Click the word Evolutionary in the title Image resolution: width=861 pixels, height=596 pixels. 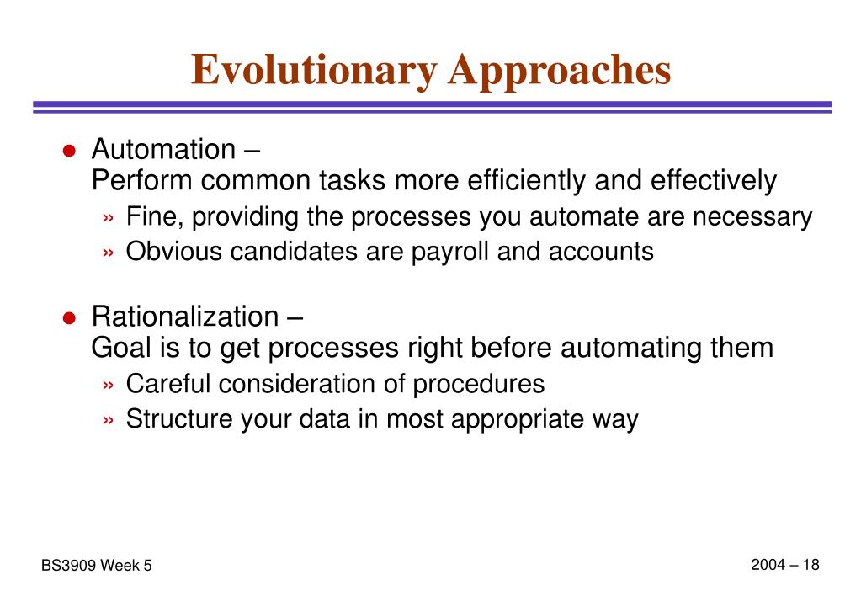coord(314,71)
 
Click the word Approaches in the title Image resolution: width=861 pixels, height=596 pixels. coord(560,71)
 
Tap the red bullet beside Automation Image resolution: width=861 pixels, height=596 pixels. coord(69,150)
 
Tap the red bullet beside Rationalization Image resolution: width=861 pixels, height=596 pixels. coord(69,317)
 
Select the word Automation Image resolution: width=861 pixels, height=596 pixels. coord(163,149)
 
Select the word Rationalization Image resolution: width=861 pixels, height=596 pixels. coord(185,317)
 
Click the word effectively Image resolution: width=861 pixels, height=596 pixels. coord(713,180)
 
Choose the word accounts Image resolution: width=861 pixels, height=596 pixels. coord(601,252)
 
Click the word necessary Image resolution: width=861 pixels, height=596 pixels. coord(752,216)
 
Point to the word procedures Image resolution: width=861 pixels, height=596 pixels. coord(478,384)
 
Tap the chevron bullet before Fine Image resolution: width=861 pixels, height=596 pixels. coord(108,218)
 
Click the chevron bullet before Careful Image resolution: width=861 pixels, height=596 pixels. coord(108,385)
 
